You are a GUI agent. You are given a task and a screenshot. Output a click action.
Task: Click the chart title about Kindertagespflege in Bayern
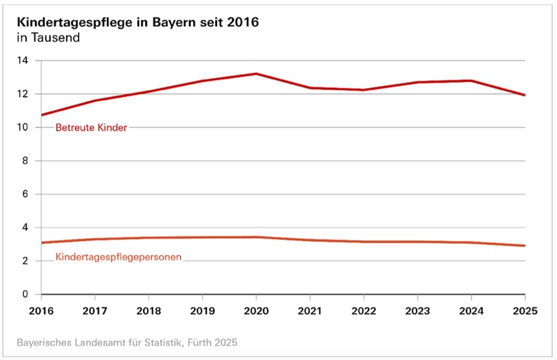pyautogui.click(x=137, y=22)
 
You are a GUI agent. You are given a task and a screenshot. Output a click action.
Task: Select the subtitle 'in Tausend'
pyautogui.click(x=48, y=38)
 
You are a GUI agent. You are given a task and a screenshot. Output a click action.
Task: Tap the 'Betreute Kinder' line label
pyautogui.click(x=91, y=128)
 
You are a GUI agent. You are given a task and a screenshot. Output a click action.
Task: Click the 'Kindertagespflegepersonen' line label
pyautogui.click(x=119, y=257)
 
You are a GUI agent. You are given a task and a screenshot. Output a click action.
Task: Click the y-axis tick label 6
pyautogui.click(x=25, y=195)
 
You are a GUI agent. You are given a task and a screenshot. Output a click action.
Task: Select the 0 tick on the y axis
pyautogui.click(x=25, y=294)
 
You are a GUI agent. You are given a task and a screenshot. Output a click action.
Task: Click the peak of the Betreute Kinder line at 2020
pyautogui.click(x=256, y=73)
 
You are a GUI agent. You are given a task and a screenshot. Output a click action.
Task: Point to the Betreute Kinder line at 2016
pyautogui.click(x=42, y=115)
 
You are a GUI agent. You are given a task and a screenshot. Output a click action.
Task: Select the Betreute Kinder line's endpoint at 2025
pyautogui.click(x=525, y=95)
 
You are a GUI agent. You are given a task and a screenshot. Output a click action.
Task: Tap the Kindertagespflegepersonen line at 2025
pyautogui.click(x=525, y=246)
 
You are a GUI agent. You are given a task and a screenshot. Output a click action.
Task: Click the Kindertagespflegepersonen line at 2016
pyautogui.click(x=42, y=243)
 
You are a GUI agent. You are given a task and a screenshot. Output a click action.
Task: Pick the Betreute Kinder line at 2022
pyautogui.click(x=364, y=90)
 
